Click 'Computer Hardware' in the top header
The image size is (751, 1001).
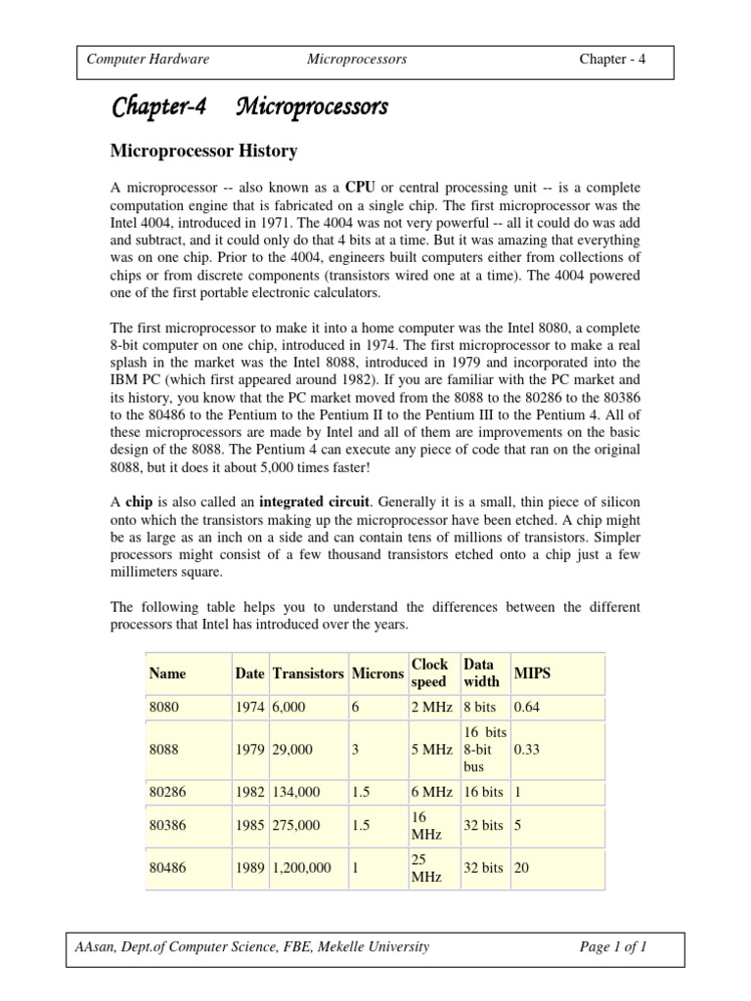[148, 60]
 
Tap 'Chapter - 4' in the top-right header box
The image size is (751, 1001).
[612, 60]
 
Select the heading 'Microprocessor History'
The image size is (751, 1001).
[202, 152]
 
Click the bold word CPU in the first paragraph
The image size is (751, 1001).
[362, 187]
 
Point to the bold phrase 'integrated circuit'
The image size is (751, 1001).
[315, 501]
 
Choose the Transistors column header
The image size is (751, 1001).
[308, 674]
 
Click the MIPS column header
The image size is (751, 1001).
[532, 674]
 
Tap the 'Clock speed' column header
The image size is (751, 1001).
[429, 674]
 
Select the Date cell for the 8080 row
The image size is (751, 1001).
[249, 706]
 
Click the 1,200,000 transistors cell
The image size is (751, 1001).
[302, 868]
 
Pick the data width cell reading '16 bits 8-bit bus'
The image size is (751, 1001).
[483, 749]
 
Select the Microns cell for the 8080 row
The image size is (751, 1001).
[356, 706]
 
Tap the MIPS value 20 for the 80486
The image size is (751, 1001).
[521, 868]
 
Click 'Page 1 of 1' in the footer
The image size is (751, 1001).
[612, 947]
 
